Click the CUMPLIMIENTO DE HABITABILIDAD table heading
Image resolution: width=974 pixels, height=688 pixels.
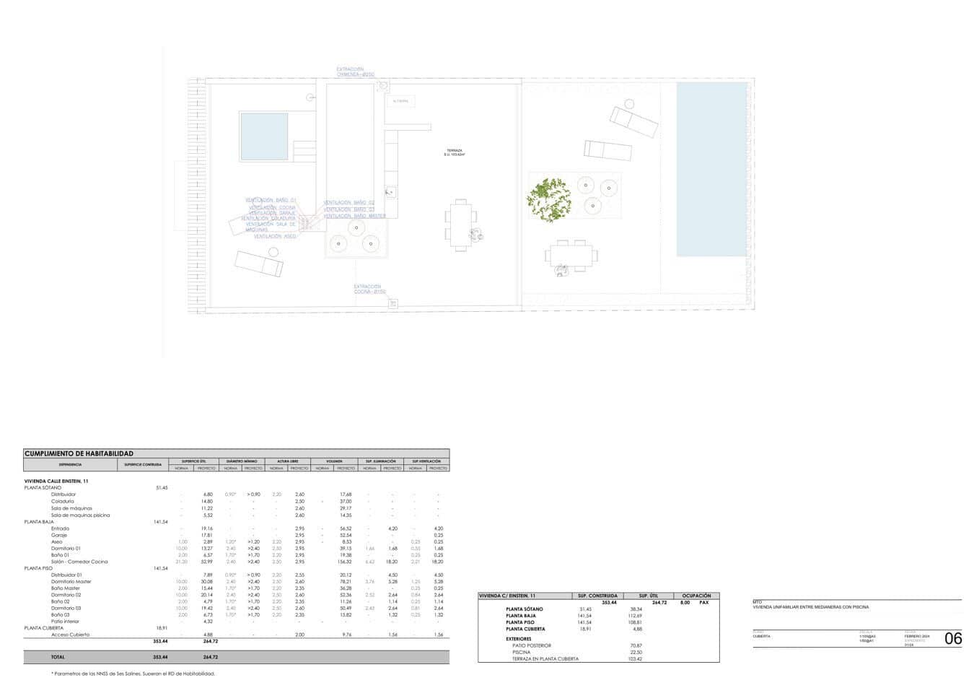(x=79, y=453)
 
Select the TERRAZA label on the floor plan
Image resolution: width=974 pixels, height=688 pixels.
(x=455, y=151)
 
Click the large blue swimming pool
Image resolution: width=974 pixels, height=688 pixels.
(x=711, y=169)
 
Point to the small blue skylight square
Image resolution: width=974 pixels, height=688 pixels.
(x=264, y=136)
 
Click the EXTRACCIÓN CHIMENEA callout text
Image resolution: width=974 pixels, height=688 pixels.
(x=355, y=71)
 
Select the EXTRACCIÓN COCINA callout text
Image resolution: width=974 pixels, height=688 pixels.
(x=370, y=289)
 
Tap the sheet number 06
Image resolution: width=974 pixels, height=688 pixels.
(x=953, y=638)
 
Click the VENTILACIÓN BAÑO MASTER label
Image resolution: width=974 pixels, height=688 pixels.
(x=354, y=216)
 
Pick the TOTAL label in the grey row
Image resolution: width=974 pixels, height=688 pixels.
(x=58, y=657)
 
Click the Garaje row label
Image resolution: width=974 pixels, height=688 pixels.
(x=59, y=535)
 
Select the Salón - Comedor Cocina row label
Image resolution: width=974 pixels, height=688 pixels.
(x=79, y=562)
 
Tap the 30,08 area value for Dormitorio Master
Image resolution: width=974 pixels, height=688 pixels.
(x=208, y=581)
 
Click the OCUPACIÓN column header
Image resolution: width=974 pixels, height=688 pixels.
(x=696, y=596)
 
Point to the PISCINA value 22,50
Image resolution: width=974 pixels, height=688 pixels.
(x=636, y=652)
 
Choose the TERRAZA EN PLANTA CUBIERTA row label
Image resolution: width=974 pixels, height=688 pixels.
(x=545, y=658)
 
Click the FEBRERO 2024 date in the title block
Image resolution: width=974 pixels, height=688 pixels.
(x=917, y=636)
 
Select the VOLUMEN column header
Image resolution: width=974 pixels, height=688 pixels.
(x=334, y=461)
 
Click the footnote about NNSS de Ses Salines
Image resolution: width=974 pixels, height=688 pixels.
(x=133, y=673)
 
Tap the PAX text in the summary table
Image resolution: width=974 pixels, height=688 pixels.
(x=704, y=602)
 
